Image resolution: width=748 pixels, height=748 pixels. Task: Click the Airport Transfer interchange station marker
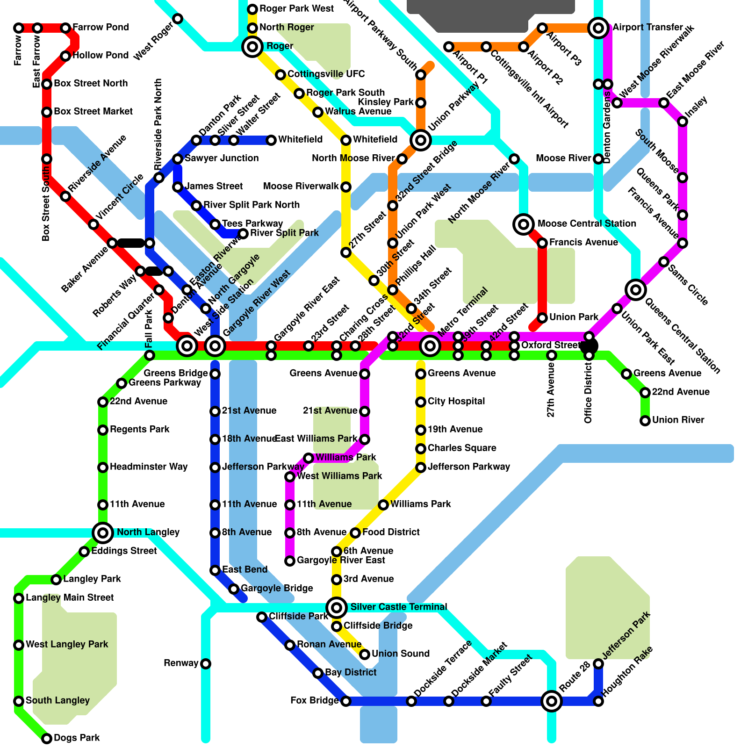point(598,28)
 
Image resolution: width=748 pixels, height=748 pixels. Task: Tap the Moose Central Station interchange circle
point(524,224)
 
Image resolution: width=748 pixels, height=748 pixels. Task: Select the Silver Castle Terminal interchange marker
point(337,608)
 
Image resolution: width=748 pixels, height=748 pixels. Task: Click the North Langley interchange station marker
point(103,532)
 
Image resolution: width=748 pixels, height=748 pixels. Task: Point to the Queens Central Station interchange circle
point(636,290)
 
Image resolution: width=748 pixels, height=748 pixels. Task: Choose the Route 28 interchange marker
point(552,701)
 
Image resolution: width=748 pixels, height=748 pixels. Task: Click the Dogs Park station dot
point(47,739)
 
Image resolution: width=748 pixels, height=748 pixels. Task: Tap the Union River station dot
point(645,421)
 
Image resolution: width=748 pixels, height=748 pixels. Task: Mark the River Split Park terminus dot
point(243,234)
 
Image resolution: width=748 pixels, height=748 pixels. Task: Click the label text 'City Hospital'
point(456,401)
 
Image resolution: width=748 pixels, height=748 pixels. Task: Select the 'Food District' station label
point(391,532)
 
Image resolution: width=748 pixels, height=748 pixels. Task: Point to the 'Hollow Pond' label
point(101,55)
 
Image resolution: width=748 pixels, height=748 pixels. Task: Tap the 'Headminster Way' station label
point(149,467)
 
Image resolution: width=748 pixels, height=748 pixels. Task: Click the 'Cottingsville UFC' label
point(326,74)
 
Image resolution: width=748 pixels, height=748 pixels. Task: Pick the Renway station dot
point(206,664)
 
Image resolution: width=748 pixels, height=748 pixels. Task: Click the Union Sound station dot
point(365,654)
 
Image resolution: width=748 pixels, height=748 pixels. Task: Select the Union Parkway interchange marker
point(421,140)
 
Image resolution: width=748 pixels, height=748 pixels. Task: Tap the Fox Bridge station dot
point(346,701)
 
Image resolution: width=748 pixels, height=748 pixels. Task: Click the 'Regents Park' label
point(139,429)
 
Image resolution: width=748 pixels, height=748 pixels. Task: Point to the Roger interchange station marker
point(252,47)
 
